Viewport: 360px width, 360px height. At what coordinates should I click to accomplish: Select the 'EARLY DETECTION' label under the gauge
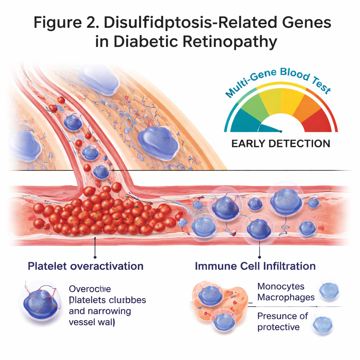281,143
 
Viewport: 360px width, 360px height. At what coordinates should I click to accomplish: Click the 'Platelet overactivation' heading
85,266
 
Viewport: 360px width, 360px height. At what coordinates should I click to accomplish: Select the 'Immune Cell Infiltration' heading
255,266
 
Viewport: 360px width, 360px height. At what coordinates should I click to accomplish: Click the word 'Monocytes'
281,286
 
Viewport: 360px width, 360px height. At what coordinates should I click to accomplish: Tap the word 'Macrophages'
286,297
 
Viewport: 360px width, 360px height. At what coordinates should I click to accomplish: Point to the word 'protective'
278,327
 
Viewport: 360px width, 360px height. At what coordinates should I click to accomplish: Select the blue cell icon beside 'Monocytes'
329,291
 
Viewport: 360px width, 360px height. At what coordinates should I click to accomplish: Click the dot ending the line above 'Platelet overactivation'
95,258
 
